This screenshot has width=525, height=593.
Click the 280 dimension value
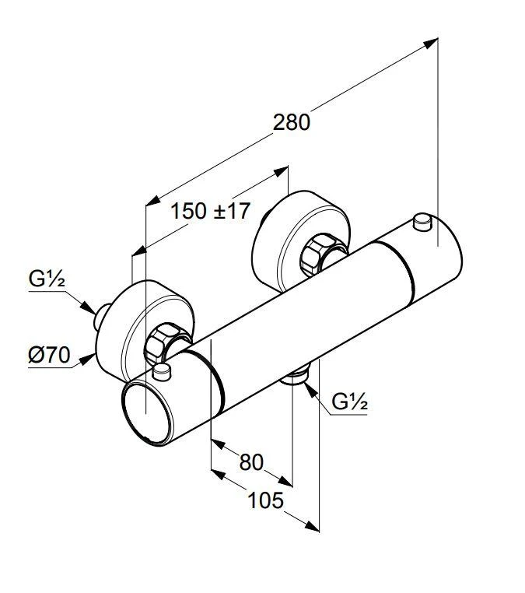point(292,122)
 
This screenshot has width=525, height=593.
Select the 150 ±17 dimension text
point(209,211)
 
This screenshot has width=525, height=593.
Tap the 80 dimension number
point(250,462)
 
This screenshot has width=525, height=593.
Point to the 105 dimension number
point(265,500)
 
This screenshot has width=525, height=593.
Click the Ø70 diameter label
point(49,356)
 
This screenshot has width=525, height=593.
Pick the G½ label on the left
point(47,279)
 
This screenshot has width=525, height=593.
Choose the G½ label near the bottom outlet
point(349,402)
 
